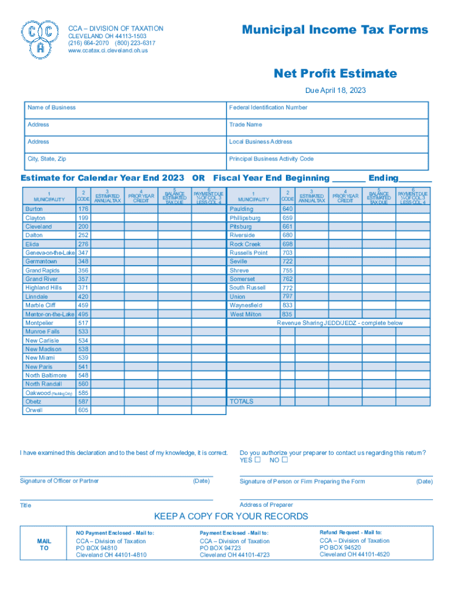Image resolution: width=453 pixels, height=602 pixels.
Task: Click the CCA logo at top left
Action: pos(39,39)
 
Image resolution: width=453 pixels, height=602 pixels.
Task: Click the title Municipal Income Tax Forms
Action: pos(335,30)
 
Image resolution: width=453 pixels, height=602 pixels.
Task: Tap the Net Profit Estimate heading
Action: pos(335,73)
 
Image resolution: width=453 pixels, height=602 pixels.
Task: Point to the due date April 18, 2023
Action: pos(335,91)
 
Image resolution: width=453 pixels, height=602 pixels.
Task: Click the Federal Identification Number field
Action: pos(328,110)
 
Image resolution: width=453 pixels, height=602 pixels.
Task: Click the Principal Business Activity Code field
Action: pos(328,161)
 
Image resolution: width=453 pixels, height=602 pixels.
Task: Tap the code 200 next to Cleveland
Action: pos(83,226)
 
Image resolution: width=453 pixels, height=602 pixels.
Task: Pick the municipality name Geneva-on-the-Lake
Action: pos(49,253)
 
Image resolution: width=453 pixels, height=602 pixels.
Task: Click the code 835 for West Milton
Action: pos(287,314)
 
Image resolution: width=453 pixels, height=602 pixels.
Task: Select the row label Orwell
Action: pos(34,410)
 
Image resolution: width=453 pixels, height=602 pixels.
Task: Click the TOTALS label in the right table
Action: pos(242,402)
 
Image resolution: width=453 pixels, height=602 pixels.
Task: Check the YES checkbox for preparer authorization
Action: pos(257,460)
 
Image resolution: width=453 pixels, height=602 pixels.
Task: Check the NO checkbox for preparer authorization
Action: pos(285,460)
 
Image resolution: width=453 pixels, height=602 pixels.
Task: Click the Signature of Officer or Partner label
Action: pos(59,481)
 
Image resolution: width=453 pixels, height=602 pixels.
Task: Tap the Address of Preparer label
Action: pos(266,505)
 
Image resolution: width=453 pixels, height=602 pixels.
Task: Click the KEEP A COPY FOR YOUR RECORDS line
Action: pos(231,516)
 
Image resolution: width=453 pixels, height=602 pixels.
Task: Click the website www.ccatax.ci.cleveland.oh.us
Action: pos(108,51)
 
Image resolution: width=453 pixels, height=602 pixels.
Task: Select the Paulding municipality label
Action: pos(242,209)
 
